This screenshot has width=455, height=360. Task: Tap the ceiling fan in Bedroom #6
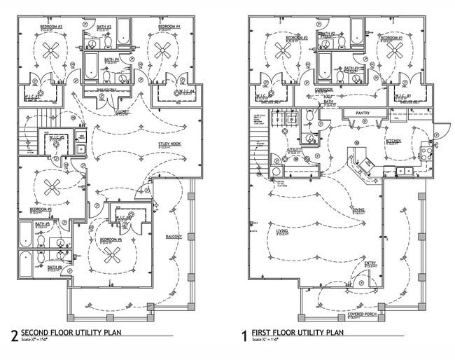[x=112, y=255]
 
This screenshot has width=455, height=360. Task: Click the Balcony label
[x=174, y=237]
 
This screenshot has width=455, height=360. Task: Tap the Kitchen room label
[x=393, y=141]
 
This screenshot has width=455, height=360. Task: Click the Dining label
[x=358, y=209]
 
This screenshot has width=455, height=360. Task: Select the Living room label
[x=282, y=230]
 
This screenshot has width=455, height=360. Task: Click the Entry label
[x=370, y=263]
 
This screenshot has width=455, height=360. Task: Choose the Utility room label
[x=293, y=150]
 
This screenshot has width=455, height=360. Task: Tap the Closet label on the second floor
[x=122, y=111]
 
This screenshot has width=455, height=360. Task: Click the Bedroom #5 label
[x=41, y=209]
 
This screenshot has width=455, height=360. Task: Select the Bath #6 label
[x=55, y=267]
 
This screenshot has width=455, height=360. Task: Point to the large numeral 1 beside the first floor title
[x=244, y=336]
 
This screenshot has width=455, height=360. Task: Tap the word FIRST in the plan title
[x=261, y=332]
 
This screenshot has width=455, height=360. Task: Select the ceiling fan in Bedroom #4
[x=163, y=50]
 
